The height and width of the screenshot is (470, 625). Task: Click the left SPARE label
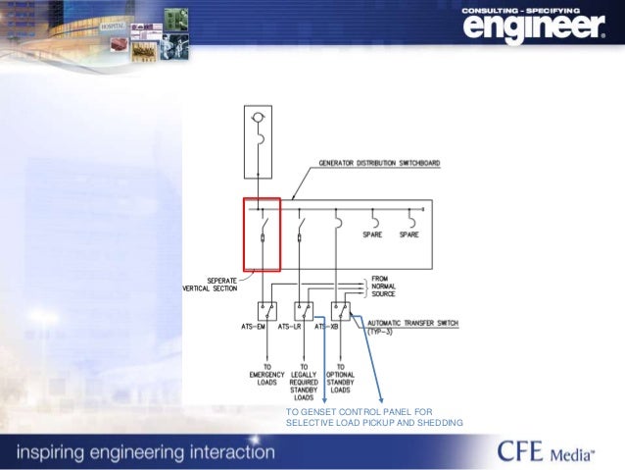click(373, 235)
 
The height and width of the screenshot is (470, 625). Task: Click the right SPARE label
click(409, 235)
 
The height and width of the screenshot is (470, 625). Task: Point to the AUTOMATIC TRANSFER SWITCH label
click(411, 325)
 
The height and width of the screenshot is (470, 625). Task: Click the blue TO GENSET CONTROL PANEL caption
click(372, 417)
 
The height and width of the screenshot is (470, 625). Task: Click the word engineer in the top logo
click(533, 29)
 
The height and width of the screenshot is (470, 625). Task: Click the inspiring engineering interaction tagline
click(144, 452)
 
